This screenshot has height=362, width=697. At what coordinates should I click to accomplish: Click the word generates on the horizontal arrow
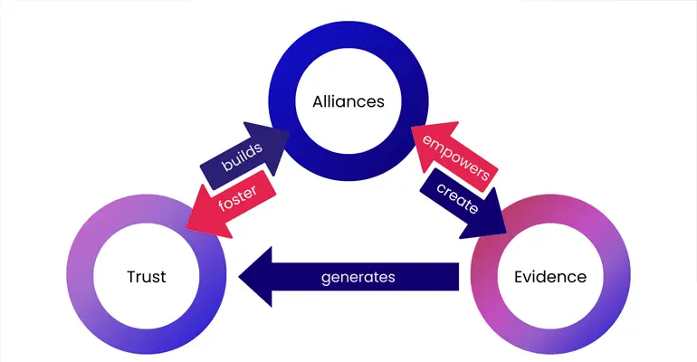click(x=358, y=277)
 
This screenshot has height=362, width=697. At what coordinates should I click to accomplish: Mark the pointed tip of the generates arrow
click(x=241, y=277)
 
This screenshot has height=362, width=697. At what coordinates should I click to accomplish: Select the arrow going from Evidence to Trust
click(x=407, y=277)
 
